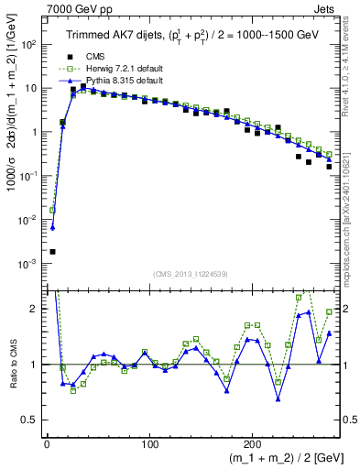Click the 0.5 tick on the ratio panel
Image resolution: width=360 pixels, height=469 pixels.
click(32, 420)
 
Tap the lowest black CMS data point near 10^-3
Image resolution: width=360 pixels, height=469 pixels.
click(52, 252)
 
